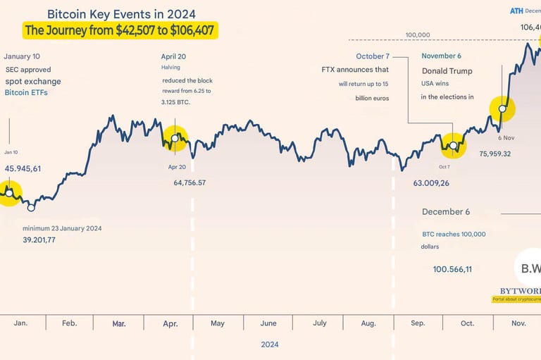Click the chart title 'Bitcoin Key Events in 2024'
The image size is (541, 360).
coord(121,14)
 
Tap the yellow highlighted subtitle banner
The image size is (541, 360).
coord(120,30)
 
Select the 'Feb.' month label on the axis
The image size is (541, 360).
coord(69,323)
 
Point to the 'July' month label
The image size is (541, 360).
coord(319,323)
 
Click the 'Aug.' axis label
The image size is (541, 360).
coord(368,323)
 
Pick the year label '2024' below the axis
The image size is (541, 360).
coord(269,345)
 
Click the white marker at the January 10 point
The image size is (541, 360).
coord(9,192)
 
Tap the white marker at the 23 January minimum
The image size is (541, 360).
coord(31,207)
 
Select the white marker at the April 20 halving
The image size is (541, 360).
coord(176,137)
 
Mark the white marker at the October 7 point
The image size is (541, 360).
coord(454,147)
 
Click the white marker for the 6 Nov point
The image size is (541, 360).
coord(503,108)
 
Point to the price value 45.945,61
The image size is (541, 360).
coord(23,168)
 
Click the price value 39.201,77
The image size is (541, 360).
coord(39,240)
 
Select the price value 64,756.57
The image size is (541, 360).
coord(199,182)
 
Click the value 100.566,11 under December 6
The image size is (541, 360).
coord(452,269)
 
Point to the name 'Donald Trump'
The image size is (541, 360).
coord(447,70)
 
